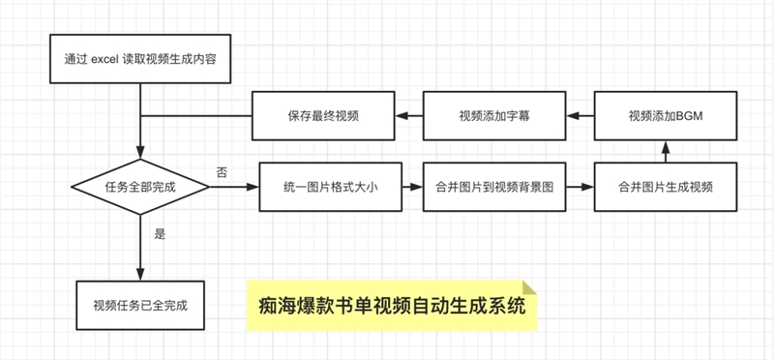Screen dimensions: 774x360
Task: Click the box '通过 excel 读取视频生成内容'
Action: tap(140, 59)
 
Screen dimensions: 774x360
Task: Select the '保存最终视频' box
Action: tap(323, 116)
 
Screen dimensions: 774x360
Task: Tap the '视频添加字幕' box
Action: tap(494, 116)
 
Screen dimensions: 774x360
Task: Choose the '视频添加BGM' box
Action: tap(666, 116)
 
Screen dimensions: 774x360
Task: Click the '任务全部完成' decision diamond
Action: tap(140, 187)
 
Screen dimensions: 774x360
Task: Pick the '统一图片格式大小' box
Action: tap(331, 187)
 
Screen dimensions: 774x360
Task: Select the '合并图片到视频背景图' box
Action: tap(494, 187)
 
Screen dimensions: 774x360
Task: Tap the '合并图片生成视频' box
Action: tap(666, 187)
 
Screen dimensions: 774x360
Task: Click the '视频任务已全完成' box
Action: tap(140, 306)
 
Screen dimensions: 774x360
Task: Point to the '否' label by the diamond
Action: tap(223, 173)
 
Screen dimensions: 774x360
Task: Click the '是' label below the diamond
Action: tap(160, 234)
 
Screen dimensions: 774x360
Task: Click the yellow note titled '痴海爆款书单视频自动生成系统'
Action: tap(392, 306)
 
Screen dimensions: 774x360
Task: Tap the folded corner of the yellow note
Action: tap(530, 287)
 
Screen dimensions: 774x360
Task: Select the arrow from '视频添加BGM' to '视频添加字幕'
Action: tap(580, 116)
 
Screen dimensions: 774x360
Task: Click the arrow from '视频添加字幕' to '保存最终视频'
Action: tap(408, 116)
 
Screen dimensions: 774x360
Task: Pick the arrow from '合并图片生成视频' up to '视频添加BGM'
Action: tap(666, 152)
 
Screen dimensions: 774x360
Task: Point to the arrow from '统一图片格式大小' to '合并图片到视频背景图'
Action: tap(413, 187)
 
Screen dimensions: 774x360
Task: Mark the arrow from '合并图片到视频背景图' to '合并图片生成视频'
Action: tap(580, 187)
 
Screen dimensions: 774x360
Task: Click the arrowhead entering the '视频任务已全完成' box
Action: tap(140, 275)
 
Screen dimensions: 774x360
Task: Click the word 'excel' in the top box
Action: tap(104, 59)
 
